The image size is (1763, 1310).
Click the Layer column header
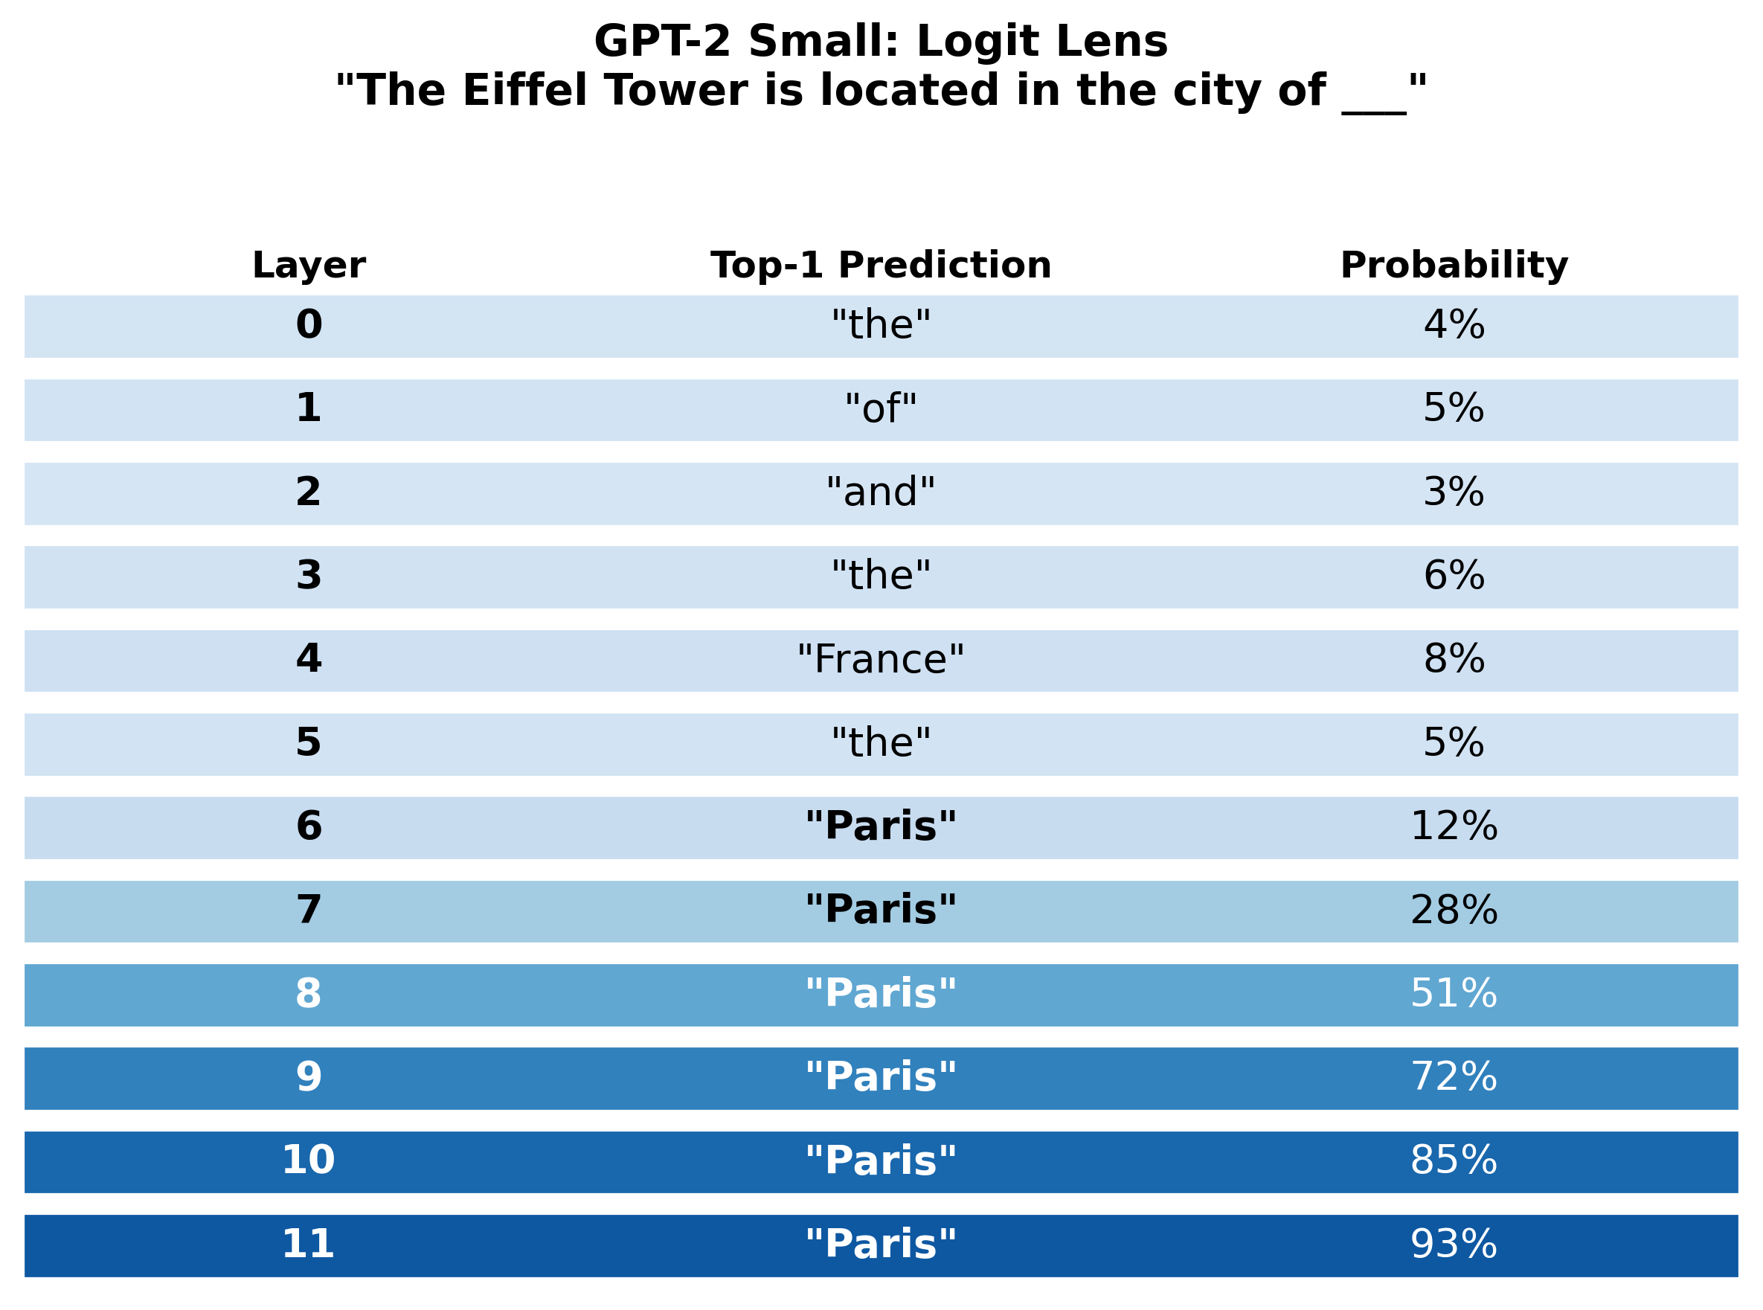point(309,265)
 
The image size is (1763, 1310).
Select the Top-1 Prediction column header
point(880,265)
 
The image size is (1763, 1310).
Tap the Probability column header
point(1454,265)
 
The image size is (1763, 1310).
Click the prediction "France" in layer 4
point(880,660)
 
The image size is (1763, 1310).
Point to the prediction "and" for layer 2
point(880,492)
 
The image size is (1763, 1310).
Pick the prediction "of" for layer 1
point(880,409)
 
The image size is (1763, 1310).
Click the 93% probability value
point(1454,1243)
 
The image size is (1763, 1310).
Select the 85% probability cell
point(1454,1160)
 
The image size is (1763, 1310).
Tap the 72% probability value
point(1454,1077)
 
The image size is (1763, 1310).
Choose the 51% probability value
point(1454,994)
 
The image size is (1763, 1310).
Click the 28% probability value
point(1454,910)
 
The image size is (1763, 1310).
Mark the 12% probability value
point(1454,826)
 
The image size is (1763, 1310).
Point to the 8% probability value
point(1454,660)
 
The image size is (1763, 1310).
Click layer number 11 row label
point(309,1243)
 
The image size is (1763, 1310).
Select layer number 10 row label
point(309,1160)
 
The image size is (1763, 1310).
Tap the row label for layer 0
point(309,325)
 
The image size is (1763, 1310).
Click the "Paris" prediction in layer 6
point(880,826)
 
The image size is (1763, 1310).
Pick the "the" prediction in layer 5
point(880,743)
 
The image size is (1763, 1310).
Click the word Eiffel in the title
point(524,91)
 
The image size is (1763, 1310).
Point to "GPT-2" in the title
point(661,41)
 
